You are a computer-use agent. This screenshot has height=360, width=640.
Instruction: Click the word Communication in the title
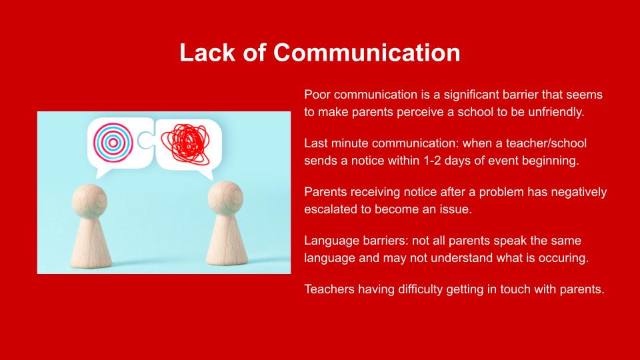click(x=367, y=53)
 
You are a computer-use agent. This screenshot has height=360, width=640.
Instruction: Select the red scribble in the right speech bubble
click(x=186, y=143)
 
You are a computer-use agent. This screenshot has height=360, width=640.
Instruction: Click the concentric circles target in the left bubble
click(x=113, y=143)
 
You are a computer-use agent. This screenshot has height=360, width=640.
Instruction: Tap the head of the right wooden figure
click(x=226, y=199)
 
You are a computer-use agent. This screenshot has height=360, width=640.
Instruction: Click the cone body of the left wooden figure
click(x=91, y=243)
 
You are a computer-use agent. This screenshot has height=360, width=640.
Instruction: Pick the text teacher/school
click(x=546, y=143)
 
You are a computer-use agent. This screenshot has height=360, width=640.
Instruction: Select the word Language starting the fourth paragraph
click(x=326, y=241)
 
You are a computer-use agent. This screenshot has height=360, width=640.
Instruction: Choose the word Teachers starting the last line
click(x=329, y=289)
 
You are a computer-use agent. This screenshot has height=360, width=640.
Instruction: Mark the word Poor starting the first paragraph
click(x=317, y=95)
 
